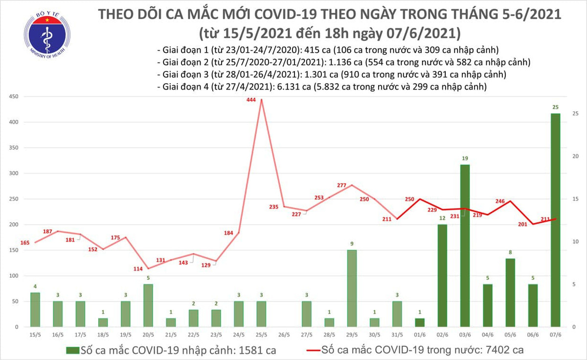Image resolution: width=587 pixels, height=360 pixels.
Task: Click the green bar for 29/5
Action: point(352,288)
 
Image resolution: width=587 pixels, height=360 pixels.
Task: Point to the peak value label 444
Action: point(251,100)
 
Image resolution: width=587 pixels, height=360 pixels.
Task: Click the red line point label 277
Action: point(342,185)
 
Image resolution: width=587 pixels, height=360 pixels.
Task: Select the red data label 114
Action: point(138,269)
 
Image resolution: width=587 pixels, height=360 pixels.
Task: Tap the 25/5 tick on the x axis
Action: point(261,335)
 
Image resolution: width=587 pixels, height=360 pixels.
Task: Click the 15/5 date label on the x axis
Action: point(35,335)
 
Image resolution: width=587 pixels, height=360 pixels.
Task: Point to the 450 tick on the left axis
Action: point(13,97)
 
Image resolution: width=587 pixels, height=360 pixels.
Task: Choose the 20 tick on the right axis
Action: point(576,157)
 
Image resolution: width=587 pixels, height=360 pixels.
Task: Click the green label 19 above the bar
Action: point(465,158)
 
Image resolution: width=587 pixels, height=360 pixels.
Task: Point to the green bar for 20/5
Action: point(148,305)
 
